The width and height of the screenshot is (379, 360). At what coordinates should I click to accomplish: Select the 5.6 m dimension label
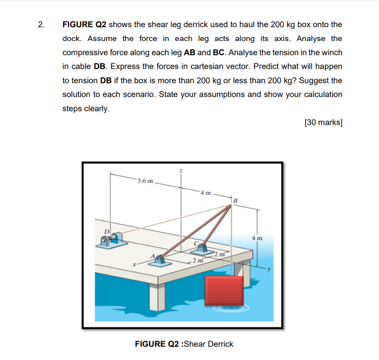tap(145, 181)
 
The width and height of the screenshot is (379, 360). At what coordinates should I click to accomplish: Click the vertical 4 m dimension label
tap(257, 238)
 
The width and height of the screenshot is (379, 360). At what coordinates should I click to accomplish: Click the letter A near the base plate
tap(154, 256)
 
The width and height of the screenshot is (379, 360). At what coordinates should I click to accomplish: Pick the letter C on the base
tap(196, 243)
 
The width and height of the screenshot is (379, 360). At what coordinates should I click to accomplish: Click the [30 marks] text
tap(323, 123)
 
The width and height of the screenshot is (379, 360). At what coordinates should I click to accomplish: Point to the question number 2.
tap(40, 25)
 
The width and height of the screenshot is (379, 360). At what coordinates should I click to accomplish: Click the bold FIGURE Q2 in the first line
tap(84, 25)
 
